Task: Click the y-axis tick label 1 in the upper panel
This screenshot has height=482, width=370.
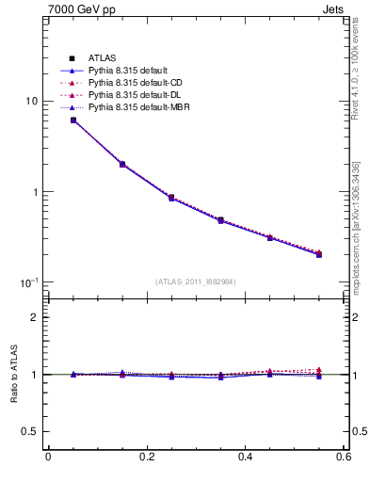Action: [33, 192]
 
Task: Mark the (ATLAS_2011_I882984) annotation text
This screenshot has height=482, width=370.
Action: [196, 281]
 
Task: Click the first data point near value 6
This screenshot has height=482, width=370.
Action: [73, 120]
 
